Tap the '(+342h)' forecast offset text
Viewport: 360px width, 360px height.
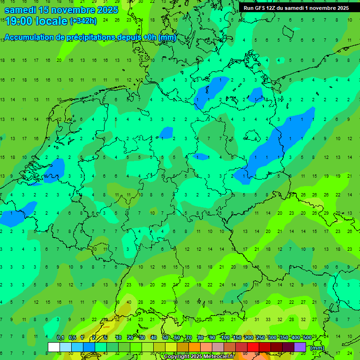coord(83,21)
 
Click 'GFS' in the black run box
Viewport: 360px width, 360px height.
coord(259,8)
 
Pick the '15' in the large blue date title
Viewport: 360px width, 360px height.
coord(45,10)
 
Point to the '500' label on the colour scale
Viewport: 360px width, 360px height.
coord(307,337)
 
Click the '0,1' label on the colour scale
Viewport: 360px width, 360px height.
coord(60,337)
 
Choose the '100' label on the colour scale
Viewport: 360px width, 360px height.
coord(225,337)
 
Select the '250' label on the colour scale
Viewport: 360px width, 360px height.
coord(260,337)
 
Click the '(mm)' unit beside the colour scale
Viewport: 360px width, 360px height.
coord(317,348)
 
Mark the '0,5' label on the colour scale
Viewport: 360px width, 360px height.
coord(72,337)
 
